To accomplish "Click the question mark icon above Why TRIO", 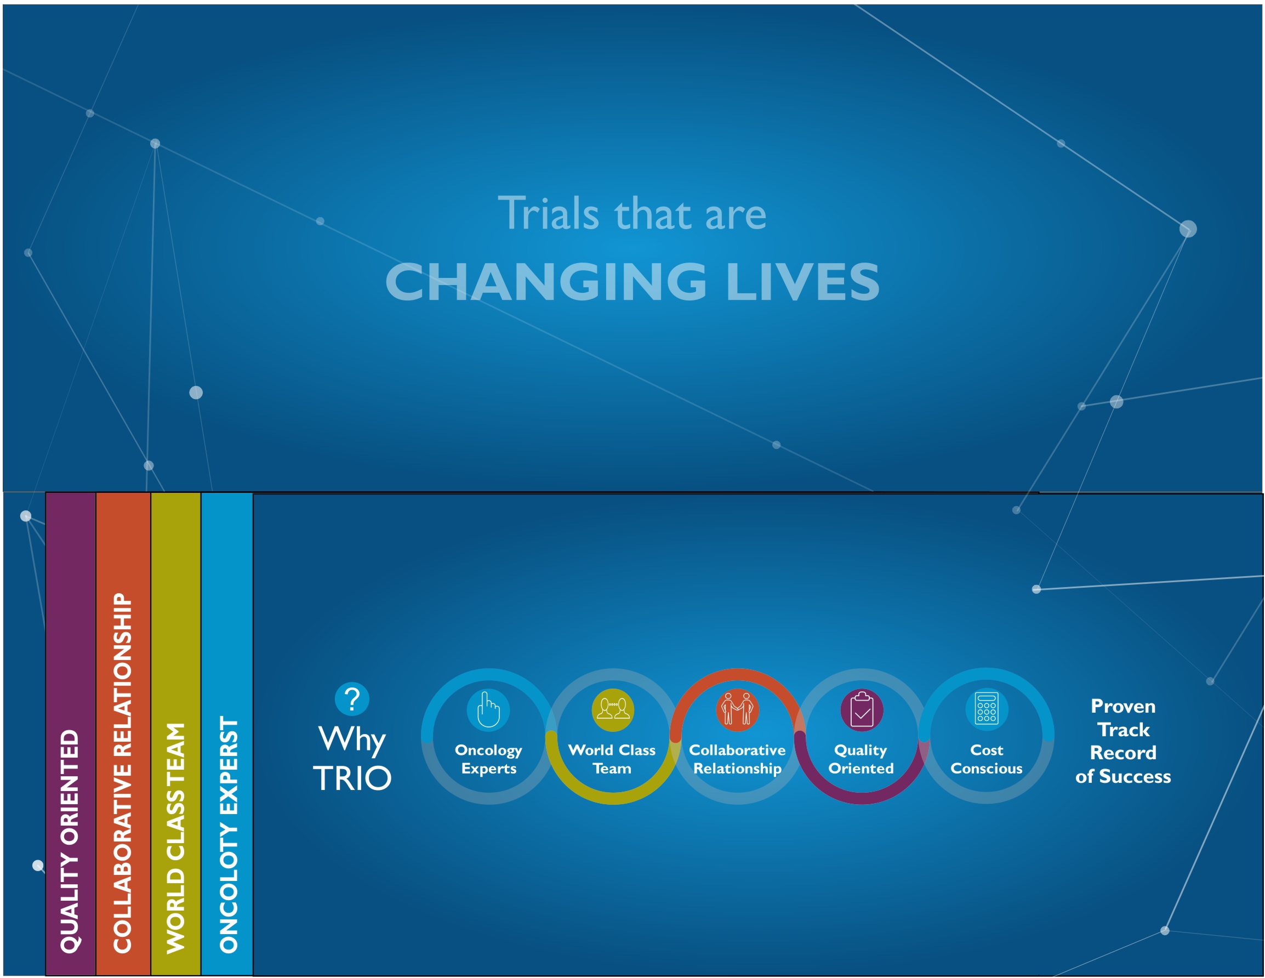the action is [x=351, y=700].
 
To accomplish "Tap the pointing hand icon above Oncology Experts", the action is [x=488, y=710].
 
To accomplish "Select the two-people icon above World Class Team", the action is [x=613, y=710].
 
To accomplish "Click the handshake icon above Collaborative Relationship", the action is [x=737, y=710].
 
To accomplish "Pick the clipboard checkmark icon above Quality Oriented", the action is [x=862, y=710].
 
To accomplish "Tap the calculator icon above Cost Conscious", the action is [x=987, y=709].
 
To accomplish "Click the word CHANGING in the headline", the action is [x=546, y=282].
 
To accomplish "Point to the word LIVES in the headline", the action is [x=803, y=282].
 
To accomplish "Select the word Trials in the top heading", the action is [x=548, y=213].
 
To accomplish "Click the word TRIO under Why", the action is [x=352, y=778].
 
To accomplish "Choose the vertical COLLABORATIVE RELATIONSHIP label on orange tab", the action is [x=122, y=773].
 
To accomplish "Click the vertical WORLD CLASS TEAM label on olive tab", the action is [x=175, y=838].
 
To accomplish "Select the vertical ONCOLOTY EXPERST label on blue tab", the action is [x=229, y=834].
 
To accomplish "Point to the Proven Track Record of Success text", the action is [x=1123, y=741].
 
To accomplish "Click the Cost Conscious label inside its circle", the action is [x=987, y=759].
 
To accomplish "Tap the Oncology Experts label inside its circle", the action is [x=488, y=760].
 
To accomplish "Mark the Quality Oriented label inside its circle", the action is [x=861, y=760].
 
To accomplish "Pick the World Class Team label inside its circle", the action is [x=612, y=759].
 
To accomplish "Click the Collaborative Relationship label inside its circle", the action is [x=737, y=760].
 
